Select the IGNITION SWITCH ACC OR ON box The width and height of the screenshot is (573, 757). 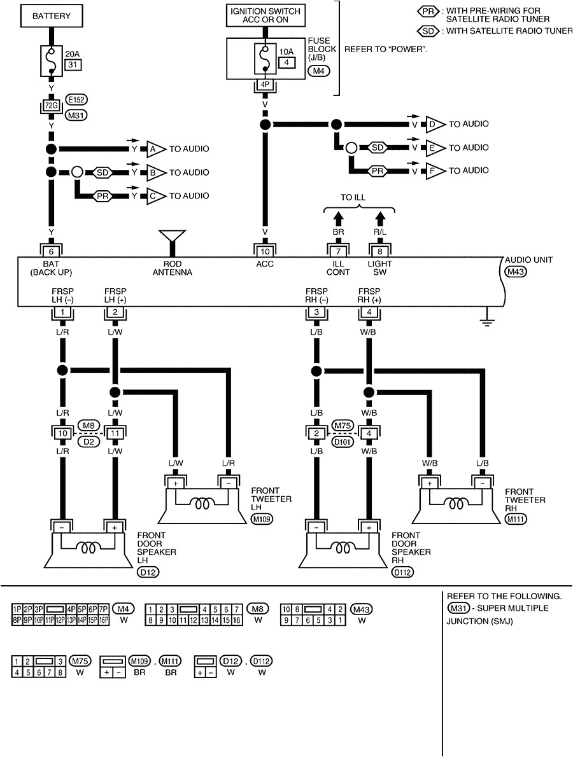coord(264,17)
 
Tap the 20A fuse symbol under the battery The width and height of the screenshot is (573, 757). coord(52,59)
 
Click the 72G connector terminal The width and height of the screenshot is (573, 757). coord(52,103)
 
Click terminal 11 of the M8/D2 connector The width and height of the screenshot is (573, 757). coord(115,433)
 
